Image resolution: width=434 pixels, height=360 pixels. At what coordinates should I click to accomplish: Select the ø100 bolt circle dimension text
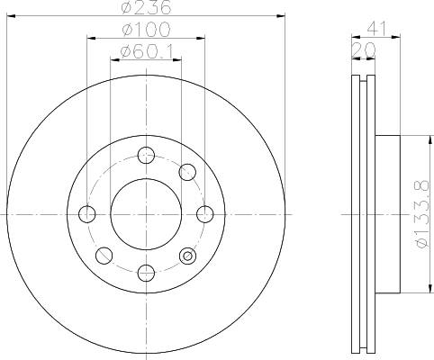coord(145,31)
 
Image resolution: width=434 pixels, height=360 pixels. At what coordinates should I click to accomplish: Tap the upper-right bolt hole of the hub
coord(187,172)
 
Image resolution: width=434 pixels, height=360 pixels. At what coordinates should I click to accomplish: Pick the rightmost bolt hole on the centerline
coord(204,214)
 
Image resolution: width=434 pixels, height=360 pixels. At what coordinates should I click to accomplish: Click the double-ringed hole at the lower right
coord(187,256)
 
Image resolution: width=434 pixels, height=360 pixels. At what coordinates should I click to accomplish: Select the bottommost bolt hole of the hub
coord(146,272)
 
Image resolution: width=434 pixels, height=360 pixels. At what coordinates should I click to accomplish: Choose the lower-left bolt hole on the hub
coord(104,256)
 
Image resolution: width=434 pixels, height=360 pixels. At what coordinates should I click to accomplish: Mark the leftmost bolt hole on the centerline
coord(87,214)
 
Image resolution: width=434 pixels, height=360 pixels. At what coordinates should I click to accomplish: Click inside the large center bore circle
coord(146,214)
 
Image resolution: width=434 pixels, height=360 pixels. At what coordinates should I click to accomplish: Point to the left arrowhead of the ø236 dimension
coord(11,16)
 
